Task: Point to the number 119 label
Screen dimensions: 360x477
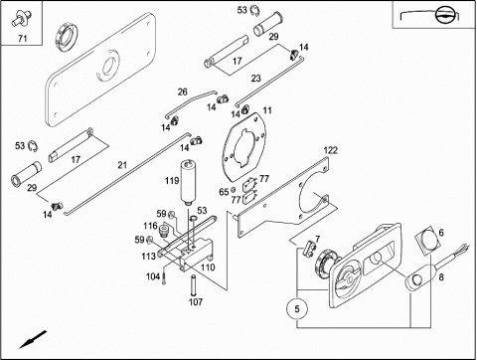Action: point(172,181)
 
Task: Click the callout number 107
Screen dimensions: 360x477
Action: point(196,302)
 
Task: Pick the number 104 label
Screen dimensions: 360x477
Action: point(153,276)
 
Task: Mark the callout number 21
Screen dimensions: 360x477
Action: point(122,164)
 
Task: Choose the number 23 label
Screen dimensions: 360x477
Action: point(255,78)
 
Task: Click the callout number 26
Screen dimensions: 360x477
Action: point(182,92)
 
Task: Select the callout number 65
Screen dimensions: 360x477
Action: point(224,189)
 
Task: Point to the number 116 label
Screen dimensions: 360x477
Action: point(150,227)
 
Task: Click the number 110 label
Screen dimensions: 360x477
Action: point(208,267)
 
